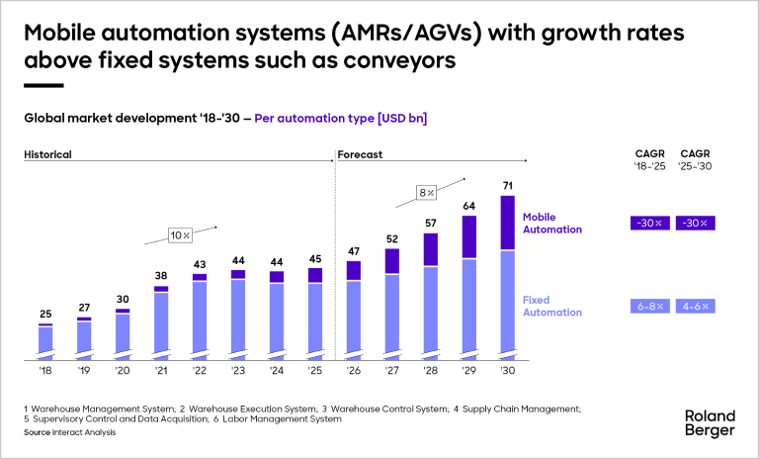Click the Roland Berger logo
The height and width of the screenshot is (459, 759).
(710, 422)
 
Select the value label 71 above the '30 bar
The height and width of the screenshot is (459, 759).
(508, 184)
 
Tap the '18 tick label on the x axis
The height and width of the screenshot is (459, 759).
(44, 372)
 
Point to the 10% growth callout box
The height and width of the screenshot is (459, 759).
(179, 235)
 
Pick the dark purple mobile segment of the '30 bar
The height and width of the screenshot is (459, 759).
(508, 223)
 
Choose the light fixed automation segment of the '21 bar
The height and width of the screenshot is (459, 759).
(161, 322)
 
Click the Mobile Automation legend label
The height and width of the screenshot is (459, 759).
(552, 223)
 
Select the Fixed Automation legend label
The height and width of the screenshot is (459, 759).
(552, 306)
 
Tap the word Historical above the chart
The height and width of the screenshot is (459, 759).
(48, 154)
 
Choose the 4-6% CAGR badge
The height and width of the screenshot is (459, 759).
(695, 306)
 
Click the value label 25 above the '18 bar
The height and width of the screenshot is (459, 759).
(45, 314)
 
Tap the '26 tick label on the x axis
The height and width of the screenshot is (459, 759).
(354, 372)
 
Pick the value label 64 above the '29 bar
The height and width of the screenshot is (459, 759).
(469, 206)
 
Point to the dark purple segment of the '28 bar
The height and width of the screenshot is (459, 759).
(431, 249)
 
